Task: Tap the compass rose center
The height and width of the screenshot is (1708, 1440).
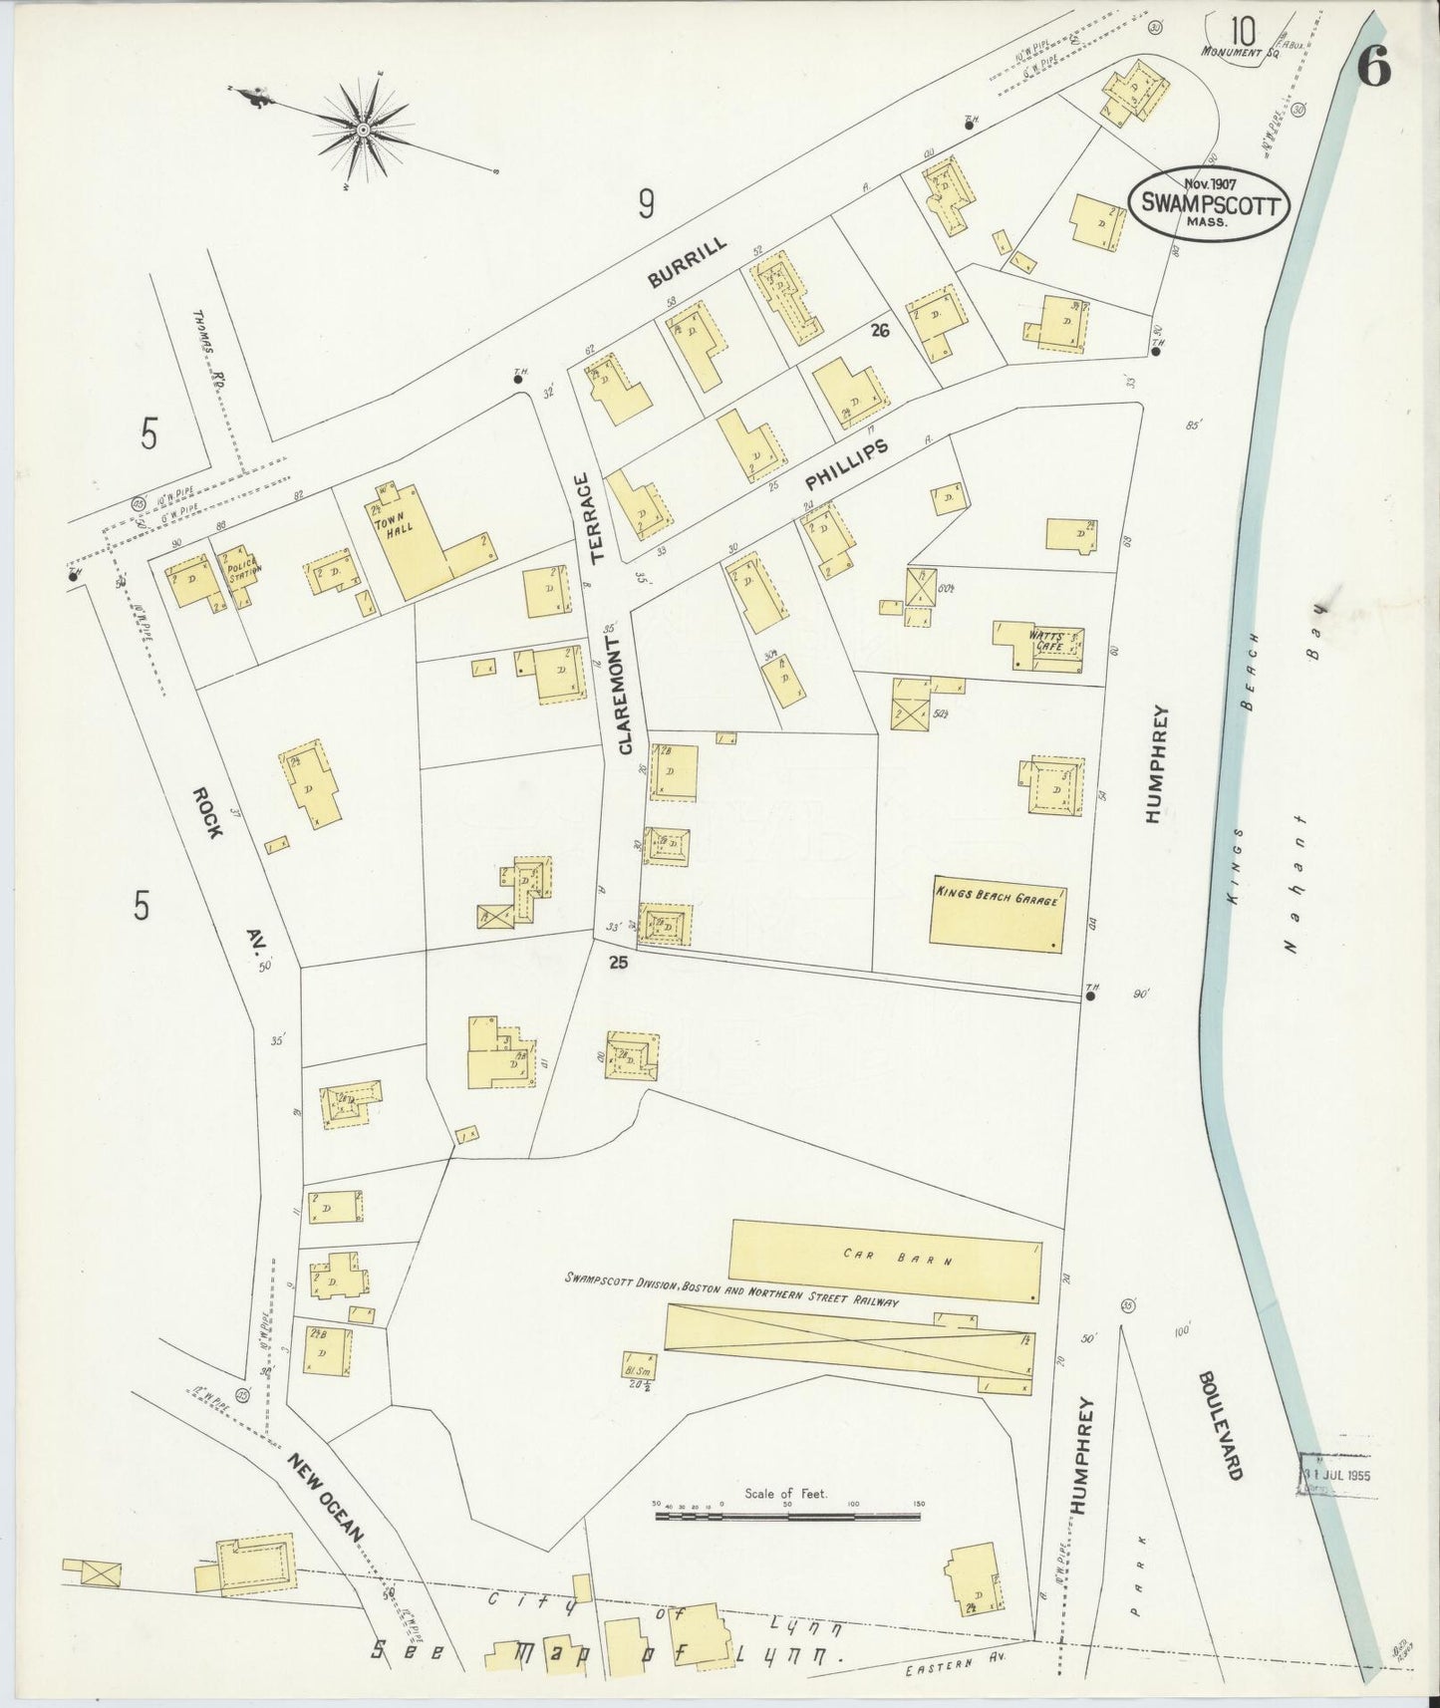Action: [364, 130]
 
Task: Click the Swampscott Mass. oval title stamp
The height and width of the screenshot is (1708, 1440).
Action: [1207, 204]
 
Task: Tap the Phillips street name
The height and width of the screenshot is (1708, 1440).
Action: [846, 466]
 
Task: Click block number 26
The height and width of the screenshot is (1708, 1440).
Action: [878, 330]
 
